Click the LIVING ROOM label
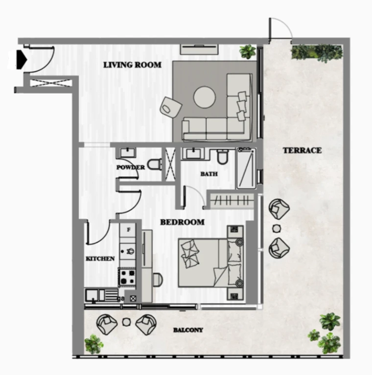[132, 65]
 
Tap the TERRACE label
[302, 151]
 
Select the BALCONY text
[188, 330]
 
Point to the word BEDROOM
[182, 222]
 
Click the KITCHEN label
[100, 259]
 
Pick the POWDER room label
[131, 167]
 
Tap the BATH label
[209, 174]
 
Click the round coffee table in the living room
[205, 97]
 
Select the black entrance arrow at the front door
[22, 59]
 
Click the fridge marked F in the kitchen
[128, 230]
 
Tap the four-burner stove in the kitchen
[127, 277]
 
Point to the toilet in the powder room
[154, 164]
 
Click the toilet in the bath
[223, 156]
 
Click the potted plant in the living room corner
[248, 52]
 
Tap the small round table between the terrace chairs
[277, 229]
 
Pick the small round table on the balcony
[126, 322]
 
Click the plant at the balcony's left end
[94, 344]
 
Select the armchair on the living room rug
[170, 108]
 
